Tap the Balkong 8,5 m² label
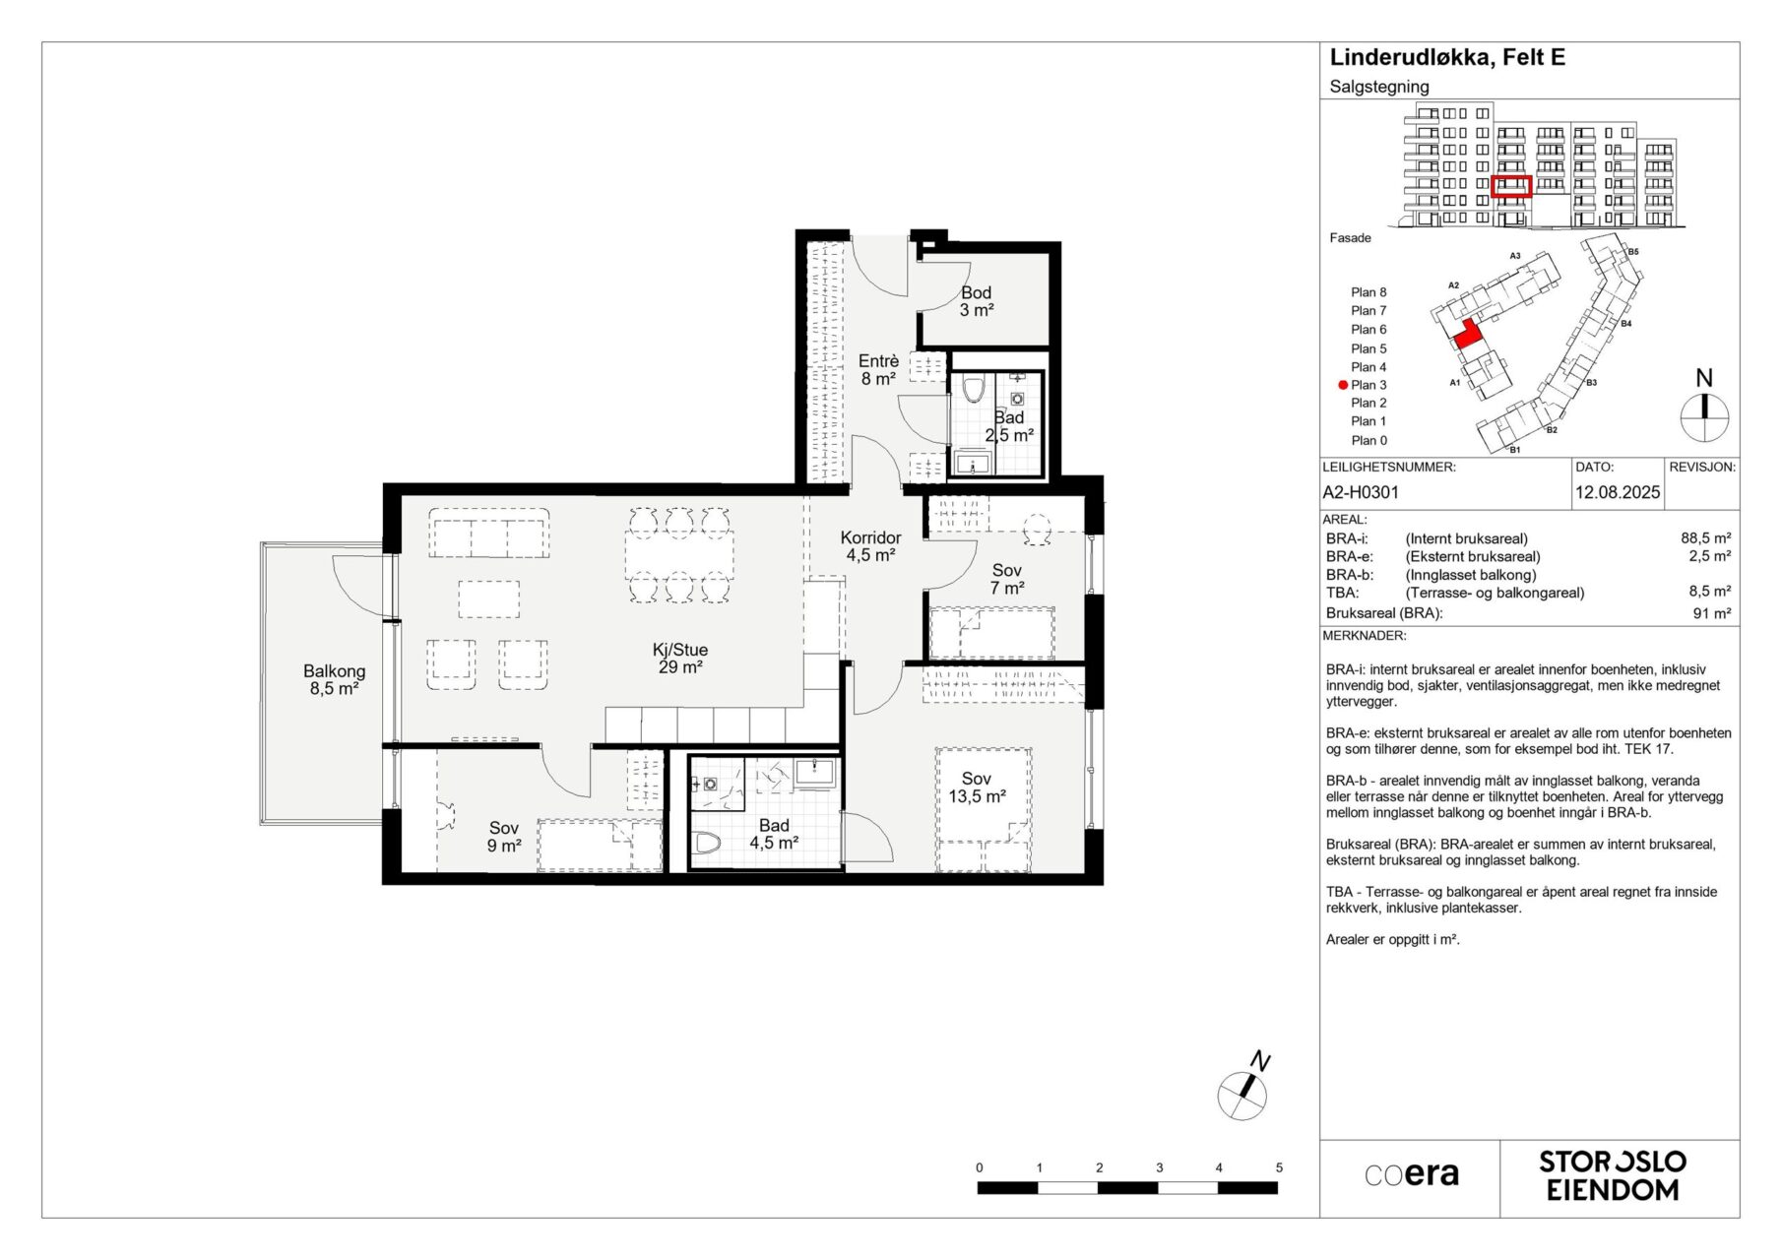pyautogui.click(x=334, y=680)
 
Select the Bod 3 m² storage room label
pyautogui.click(x=977, y=301)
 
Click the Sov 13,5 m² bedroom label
pyautogui.click(x=977, y=787)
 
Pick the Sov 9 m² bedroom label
pyautogui.click(x=503, y=837)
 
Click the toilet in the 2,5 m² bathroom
pyautogui.click(x=974, y=390)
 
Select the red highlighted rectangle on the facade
pyautogui.click(x=1511, y=186)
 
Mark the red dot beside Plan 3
pyautogui.click(x=1343, y=386)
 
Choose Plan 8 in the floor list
pyautogui.click(x=1368, y=292)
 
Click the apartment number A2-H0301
pyautogui.click(x=1361, y=492)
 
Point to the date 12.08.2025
pyautogui.click(x=1618, y=492)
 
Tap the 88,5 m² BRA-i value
pyautogui.click(x=1705, y=538)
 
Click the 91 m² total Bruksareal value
pyautogui.click(x=1712, y=613)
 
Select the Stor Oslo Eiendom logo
pyautogui.click(x=1613, y=1176)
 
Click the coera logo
pyautogui.click(x=1412, y=1174)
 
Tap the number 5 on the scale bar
pyautogui.click(x=1279, y=1167)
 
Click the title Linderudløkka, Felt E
pyautogui.click(x=1447, y=58)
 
